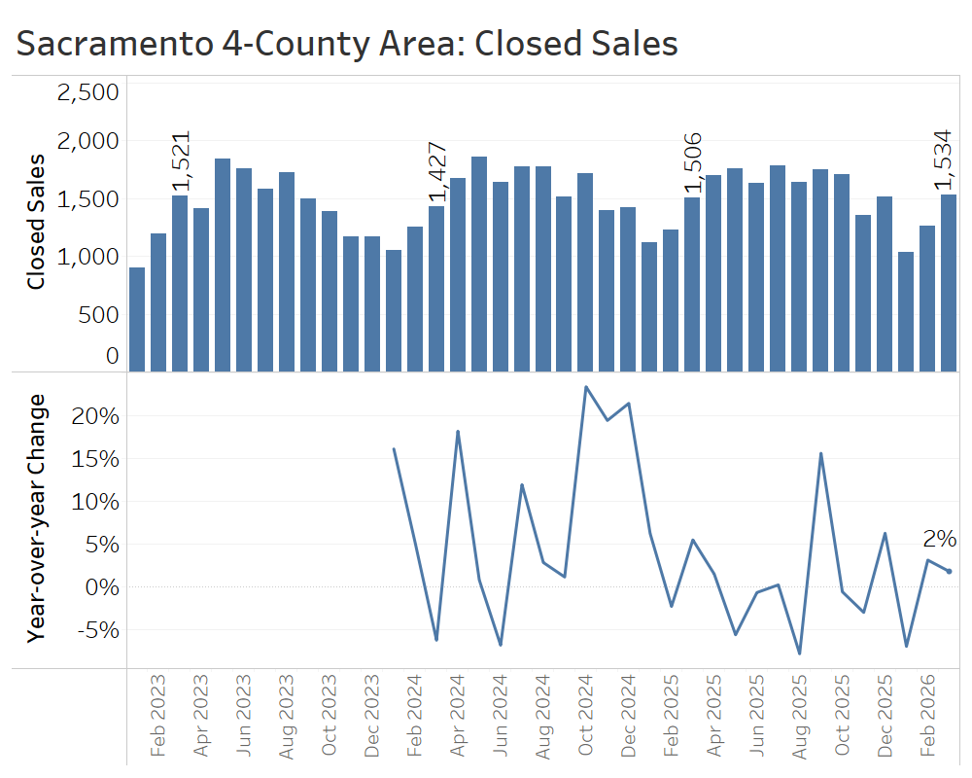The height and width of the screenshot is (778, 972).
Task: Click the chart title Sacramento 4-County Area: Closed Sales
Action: (347, 44)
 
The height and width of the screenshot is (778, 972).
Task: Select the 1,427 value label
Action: (437, 172)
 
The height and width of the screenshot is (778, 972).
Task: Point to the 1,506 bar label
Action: (692, 164)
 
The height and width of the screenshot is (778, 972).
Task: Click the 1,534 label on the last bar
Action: (949, 160)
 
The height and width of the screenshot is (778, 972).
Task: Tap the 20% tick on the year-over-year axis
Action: (96, 416)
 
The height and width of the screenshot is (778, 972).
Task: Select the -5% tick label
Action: (96, 630)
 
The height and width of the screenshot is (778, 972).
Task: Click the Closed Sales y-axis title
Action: (36, 222)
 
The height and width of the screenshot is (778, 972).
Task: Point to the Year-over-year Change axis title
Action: (36, 517)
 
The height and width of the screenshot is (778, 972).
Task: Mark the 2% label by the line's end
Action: (940, 539)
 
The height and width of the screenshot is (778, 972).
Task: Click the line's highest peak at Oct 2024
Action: (586, 387)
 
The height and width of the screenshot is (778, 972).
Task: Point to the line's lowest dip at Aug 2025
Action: (799, 654)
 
